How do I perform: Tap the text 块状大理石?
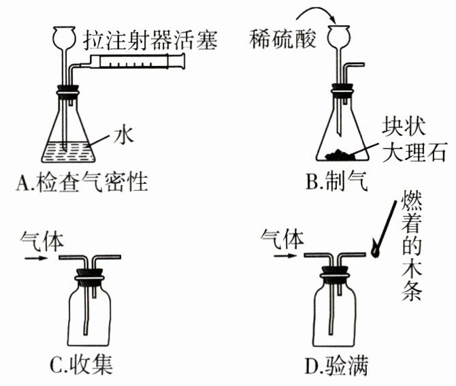coord(414,140)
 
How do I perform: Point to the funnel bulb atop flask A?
coord(66,35)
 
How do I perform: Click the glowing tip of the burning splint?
coord(375,251)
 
